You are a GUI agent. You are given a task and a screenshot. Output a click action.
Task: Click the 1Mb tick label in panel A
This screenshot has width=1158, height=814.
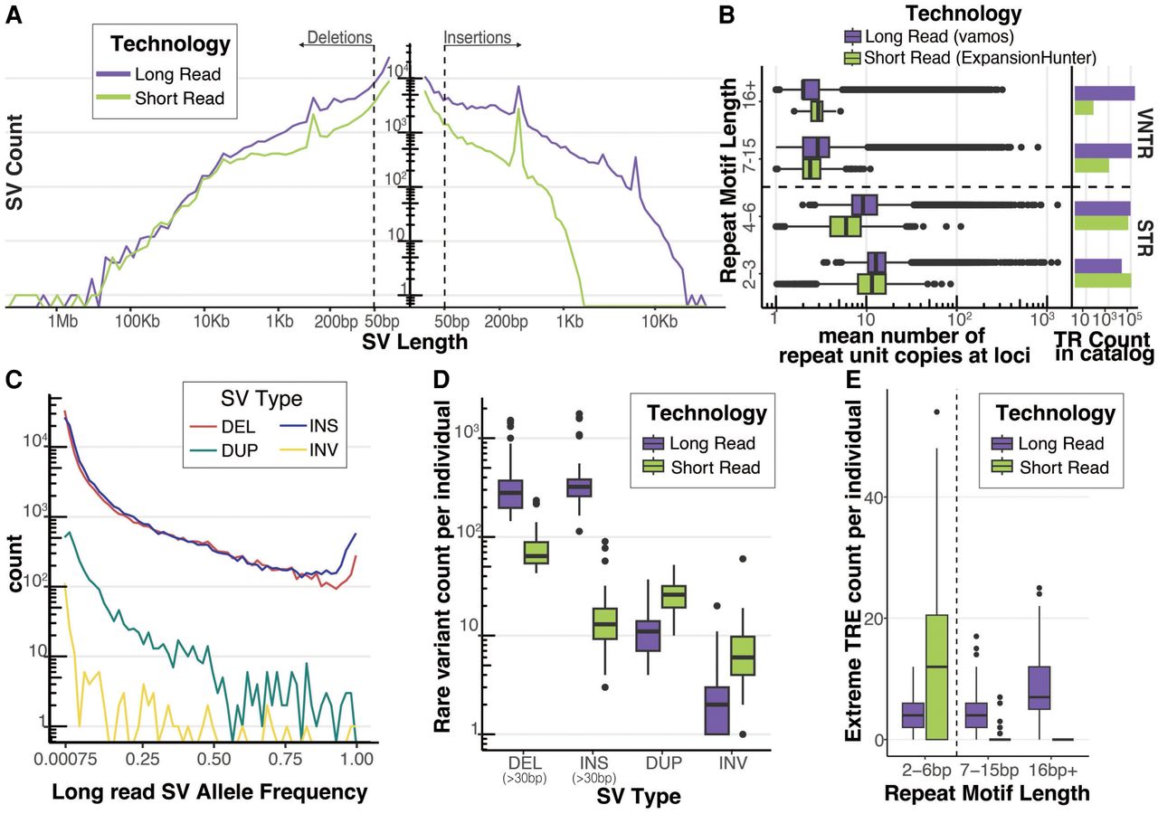pos(61,322)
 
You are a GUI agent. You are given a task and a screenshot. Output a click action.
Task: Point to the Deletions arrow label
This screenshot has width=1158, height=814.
pos(339,38)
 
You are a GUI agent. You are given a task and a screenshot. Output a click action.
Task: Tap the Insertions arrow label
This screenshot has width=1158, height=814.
pos(478,38)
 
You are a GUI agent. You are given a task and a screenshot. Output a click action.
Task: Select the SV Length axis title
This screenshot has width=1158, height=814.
pos(414,343)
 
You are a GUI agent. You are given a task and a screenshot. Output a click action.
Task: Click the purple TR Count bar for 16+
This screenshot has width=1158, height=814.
pos(1103,92)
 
